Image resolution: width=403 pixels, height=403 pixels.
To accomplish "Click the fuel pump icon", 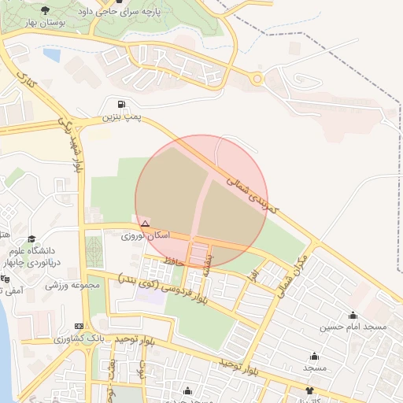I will pyautogui.click(x=120, y=104).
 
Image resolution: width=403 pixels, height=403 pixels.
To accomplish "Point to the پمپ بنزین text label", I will pyautogui.click(x=120, y=117).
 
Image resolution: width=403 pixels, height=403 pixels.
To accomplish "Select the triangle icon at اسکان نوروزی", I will pyautogui.click(x=145, y=224).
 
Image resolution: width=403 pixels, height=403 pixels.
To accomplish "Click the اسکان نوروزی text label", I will pyautogui.click(x=142, y=236).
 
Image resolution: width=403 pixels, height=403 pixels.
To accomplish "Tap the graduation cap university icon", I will pyautogui.click(x=31, y=238).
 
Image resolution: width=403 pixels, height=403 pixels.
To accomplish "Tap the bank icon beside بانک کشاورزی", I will pyautogui.click(x=78, y=326).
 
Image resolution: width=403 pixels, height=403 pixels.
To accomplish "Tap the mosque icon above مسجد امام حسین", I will pyautogui.click(x=353, y=315).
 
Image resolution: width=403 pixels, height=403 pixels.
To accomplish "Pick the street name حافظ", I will pyautogui.click(x=174, y=258).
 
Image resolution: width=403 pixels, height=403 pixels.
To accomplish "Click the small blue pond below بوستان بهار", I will pyautogui.click(x=52, y=56).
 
